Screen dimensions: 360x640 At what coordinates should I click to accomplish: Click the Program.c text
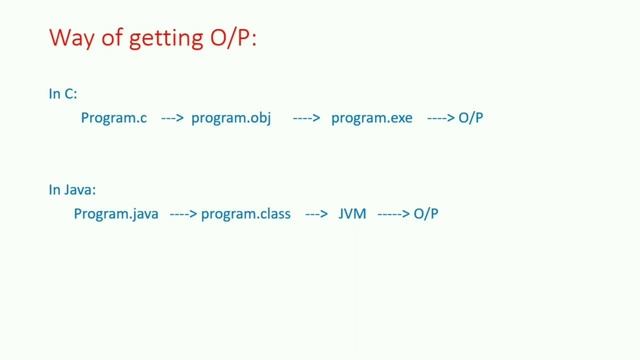pos(114,118)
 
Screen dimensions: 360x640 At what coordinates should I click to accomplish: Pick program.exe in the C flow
pos(373,118)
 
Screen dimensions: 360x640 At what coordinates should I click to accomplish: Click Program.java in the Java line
pos(116,213)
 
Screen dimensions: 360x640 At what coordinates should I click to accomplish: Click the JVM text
pos(351,213)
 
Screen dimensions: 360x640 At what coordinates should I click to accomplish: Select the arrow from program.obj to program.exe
pos(305,118)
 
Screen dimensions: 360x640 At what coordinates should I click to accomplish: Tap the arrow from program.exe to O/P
pos(441,118)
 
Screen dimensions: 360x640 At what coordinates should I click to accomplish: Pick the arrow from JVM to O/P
pos(393,213)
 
